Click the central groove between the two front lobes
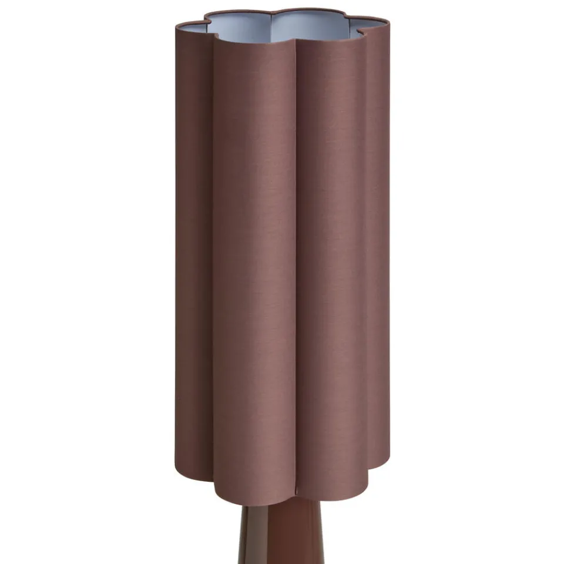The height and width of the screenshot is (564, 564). pos(296,264)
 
